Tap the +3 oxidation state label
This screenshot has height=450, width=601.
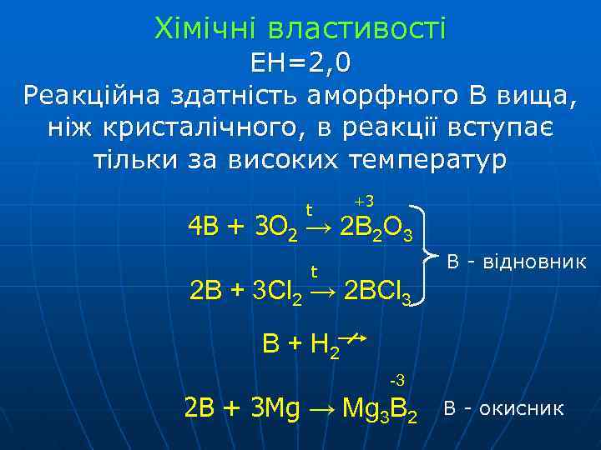[364, 202]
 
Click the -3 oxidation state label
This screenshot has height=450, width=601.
[397, 381]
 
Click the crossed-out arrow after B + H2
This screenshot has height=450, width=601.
[356, 338]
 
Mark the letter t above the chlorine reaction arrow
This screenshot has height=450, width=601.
[315, 271]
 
